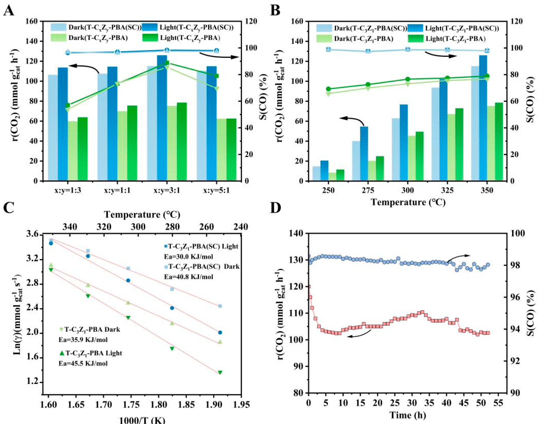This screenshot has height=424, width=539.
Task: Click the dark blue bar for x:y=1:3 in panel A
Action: click(63, 124)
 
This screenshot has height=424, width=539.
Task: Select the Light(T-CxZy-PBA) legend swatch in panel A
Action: click(150, 38)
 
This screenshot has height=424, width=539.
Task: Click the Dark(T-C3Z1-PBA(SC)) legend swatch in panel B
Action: click(324, 28)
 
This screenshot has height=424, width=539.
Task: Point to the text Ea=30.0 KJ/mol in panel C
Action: click(188, 256)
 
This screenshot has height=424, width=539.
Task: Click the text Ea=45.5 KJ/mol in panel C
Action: click(83, 363)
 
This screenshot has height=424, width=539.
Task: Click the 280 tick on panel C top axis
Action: click(172, 227)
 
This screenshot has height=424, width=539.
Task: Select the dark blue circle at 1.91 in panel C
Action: click(220, 332)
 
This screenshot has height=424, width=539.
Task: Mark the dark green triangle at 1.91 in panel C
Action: click(220, 372)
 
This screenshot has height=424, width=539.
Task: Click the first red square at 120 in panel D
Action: click(309, 287)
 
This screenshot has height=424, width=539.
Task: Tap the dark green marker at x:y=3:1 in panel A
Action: click(167, 63)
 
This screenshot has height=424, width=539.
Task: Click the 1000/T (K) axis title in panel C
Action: click(142, 420)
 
